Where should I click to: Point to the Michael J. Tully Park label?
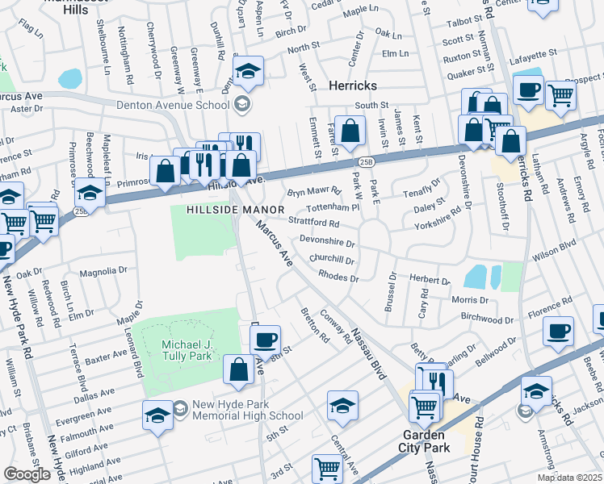pyautogui.click(x=179, y=352)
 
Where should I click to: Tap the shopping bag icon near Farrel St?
pyautogui.click(x=350, y=131)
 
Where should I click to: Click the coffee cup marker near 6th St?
pyautogui.click(x=264, y=339)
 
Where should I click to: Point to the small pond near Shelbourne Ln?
pyautogui.click(x=71, y=78)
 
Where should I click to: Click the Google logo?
pyautogui.click(x=27, y=474)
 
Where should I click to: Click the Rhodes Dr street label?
pyautogui.click(x=338, y=277)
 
